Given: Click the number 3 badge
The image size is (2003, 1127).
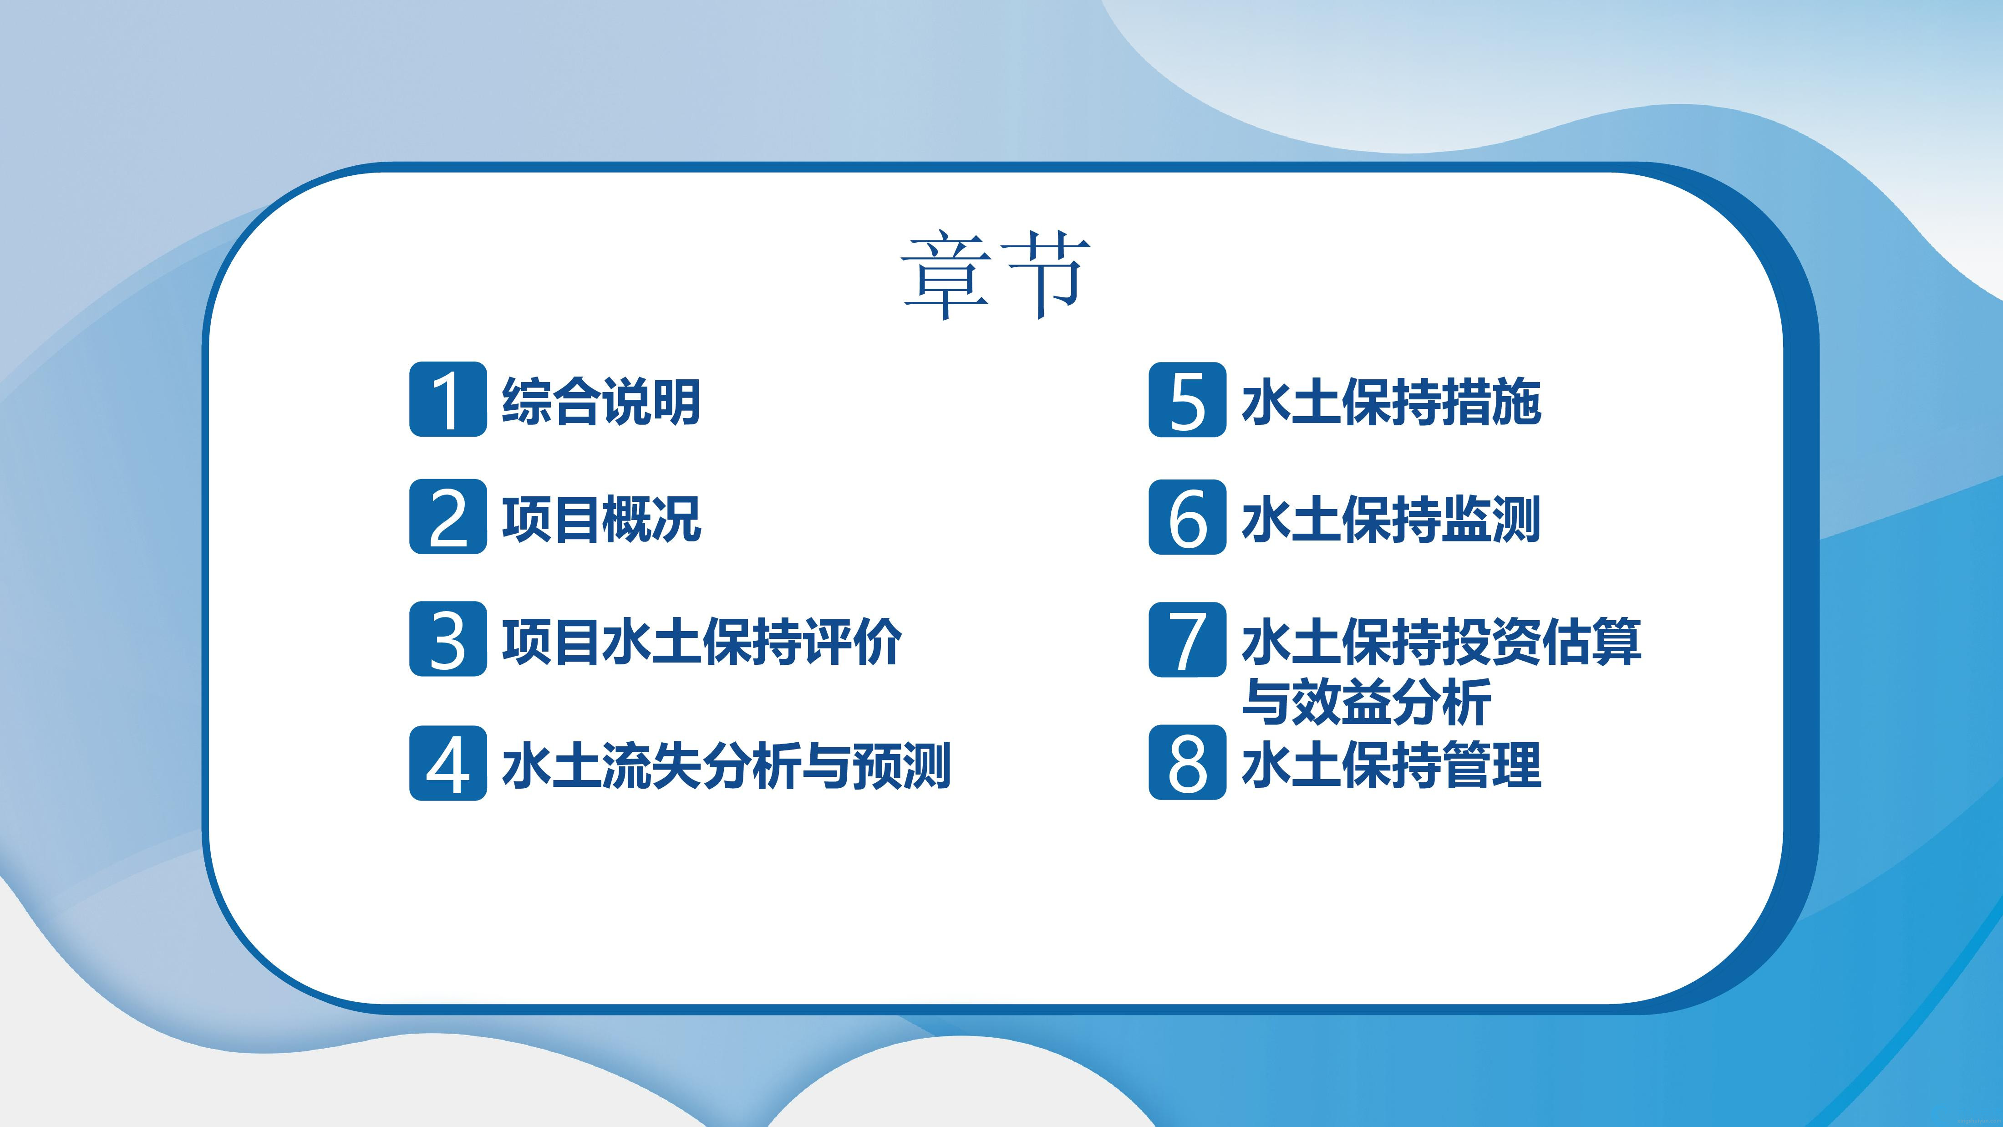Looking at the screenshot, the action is click(448, 639).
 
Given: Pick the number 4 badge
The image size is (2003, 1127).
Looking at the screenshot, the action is click(448, 763).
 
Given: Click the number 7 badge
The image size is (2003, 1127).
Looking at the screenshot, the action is click(1187, 639).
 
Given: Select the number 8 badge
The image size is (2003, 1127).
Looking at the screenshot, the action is click(1187, 763).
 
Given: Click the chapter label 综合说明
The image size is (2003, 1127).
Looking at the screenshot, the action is click(601, 401).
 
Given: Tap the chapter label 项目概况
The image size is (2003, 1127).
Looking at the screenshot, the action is click(601, 519).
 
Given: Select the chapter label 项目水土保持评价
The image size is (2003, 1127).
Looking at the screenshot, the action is click(702, 642).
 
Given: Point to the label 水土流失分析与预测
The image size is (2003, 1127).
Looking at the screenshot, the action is click(726, 765).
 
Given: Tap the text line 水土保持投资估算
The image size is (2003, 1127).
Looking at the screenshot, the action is click(1441, 642).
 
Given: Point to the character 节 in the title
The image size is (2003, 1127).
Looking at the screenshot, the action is click(1046, 275).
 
